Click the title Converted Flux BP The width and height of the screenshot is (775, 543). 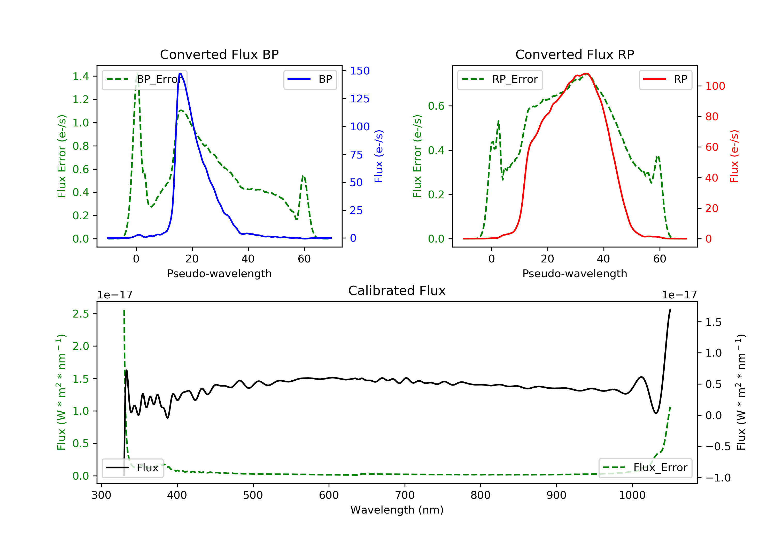[219, 54]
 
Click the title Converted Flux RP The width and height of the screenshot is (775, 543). [575, 54]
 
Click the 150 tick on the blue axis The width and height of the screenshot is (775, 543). [360, 71]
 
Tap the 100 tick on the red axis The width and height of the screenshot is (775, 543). [715, 86]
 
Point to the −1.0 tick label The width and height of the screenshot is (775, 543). [718, 478]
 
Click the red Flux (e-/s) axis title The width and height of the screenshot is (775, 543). [734, 156]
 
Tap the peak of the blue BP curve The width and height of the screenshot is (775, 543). [180, 74]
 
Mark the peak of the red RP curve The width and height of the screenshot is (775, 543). [587, 74]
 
